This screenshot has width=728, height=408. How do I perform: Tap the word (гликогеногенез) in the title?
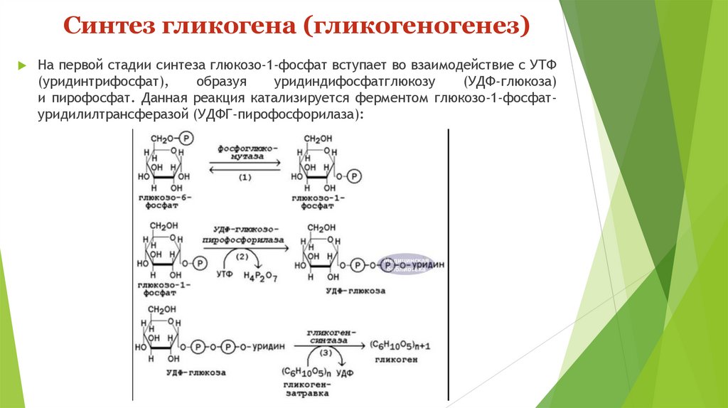coord(417,28)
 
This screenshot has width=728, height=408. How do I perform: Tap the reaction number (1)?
coord(245,176)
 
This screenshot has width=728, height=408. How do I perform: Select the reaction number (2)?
coord(242,257)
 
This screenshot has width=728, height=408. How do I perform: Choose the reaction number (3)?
coord(325,353)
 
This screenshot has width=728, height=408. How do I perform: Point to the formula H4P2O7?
coord(260,276)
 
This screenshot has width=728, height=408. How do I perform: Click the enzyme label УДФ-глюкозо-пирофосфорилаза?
coord(245,235)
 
